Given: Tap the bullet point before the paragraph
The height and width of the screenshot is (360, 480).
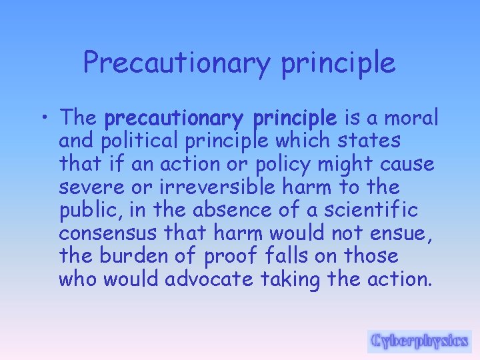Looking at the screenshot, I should (44, 119).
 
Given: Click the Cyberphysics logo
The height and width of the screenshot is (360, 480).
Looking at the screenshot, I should (419, 341).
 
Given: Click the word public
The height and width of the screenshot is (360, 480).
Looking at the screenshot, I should (84, 211).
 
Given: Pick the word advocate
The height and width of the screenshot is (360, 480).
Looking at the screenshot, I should (209, 279).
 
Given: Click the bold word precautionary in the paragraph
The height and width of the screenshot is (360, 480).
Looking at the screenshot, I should (173, 119).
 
